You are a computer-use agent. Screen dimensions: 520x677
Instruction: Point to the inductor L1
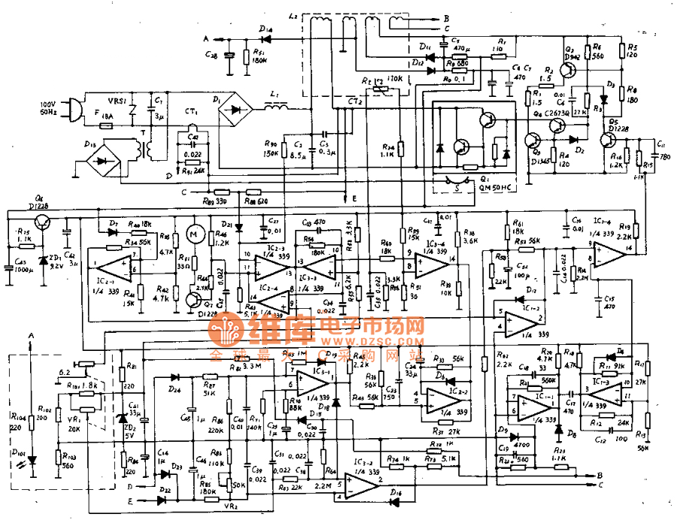[x=275, y=109]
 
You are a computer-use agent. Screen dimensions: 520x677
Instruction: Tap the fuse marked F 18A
[x=105, y=125]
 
